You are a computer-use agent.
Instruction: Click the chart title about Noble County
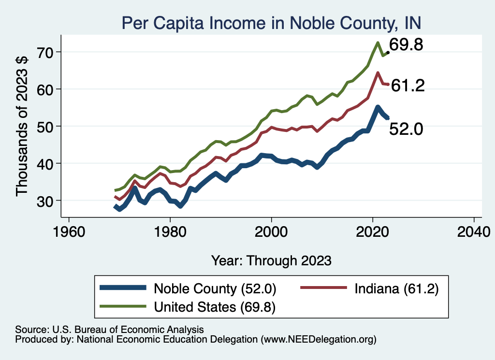[x=271, y=23]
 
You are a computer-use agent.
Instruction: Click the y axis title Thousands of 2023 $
[x=22, y=127]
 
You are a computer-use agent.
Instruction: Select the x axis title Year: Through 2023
[x=271, y=260]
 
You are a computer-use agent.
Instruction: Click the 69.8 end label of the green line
[x=406, y=45]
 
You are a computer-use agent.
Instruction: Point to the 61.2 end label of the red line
[x=408, y=86]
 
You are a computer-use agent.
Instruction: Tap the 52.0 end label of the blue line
[x=406, y=129]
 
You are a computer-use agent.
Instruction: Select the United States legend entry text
[x=215, y=307]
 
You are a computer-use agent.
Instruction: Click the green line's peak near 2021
[x=377, y=43]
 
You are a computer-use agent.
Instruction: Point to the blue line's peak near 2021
[x=378, y=107]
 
